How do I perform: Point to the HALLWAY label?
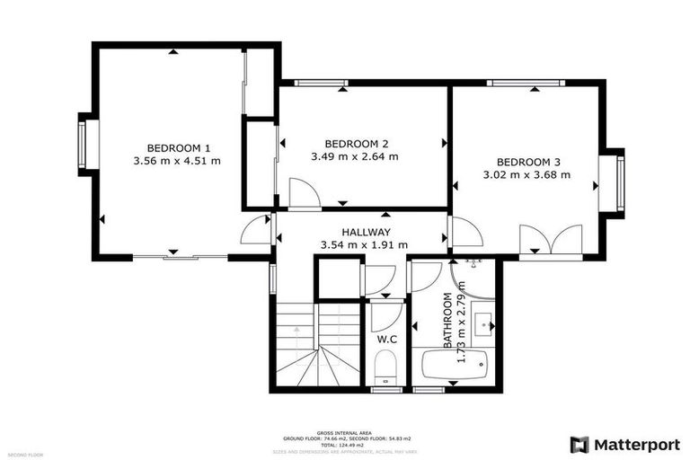click(x=364, y=232)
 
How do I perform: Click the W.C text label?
click(x=387, y=340)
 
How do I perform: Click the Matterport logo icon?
click(x=580, y=444)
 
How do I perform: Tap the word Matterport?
click(x=638, y=444)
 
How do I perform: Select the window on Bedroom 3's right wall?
click(x=619, y=182)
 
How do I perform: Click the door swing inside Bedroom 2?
click(x=301, y=192)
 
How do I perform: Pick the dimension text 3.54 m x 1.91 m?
click(x=364, y=244)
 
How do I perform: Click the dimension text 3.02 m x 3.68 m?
click(x=527, y=175)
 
